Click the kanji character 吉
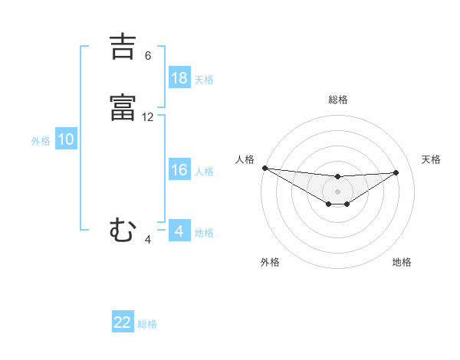(123, 47)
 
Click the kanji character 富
(123, 107)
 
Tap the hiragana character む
(123, 229)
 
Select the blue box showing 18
(179, 77)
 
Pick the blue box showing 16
(179, 170)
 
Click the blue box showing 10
(66, 139)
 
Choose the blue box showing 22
(123, 322)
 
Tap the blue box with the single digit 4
(179, 231)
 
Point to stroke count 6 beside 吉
(148, 55)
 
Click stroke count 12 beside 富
(148, 116)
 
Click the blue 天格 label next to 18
(204, 80)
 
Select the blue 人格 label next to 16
(204, 172)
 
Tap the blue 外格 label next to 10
(40, 141)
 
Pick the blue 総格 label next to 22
(147, 324)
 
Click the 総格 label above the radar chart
(337, 100)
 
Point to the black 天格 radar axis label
(431, 159)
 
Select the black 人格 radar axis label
(245, 159)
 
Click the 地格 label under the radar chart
(402, 262)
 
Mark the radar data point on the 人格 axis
(264, 168)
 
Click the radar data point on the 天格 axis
(396, 172)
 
